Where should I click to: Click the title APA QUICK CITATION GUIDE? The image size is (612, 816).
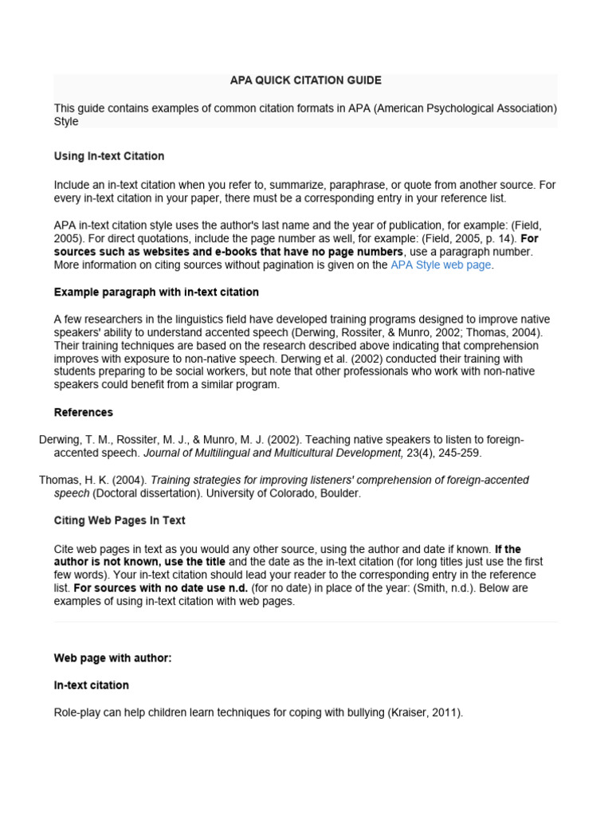click(305, 80)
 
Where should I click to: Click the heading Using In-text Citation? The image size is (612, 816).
click(109, 156)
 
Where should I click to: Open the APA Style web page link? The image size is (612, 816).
click(441, 265)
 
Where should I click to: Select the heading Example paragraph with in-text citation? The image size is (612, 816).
click(156, 292)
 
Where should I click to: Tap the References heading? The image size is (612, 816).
click(84, 412)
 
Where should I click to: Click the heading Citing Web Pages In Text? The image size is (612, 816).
click(120, 520)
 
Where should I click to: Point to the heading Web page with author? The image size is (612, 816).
click(113, 658)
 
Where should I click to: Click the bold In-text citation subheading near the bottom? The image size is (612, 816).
click(92, 685)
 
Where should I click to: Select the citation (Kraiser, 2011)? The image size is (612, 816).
click(425, 712)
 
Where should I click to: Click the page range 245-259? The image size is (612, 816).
click(458, 453)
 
